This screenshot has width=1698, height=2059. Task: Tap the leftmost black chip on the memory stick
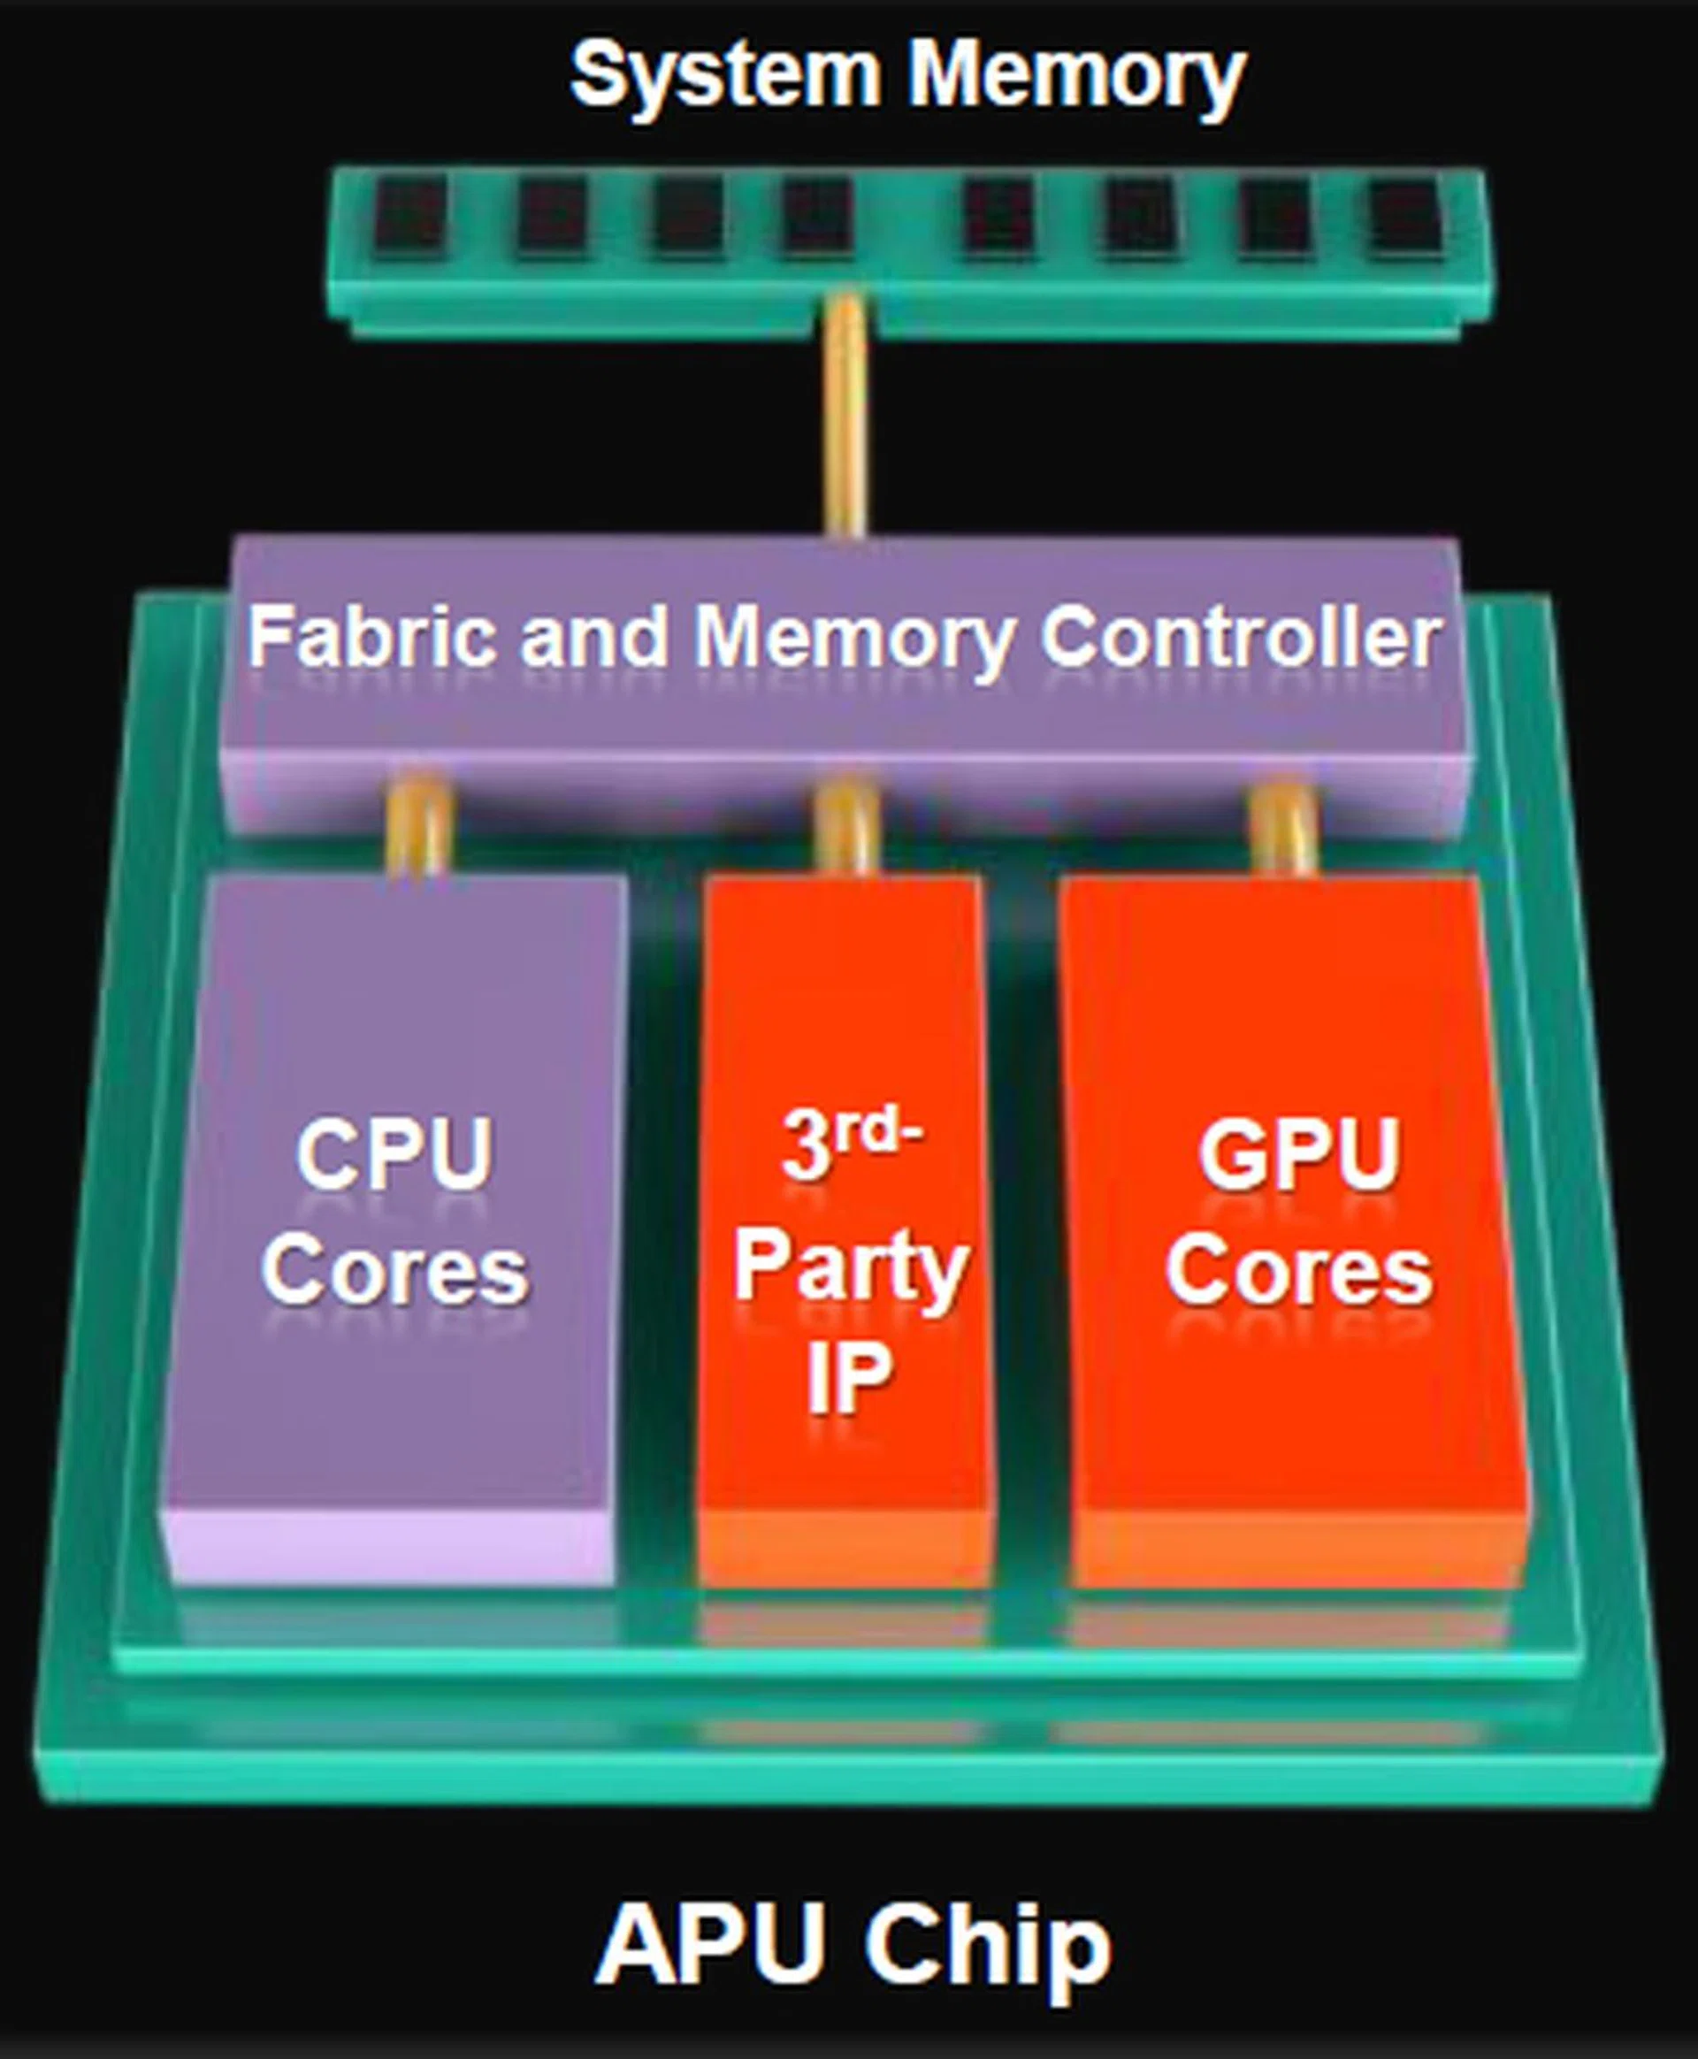point(409,215)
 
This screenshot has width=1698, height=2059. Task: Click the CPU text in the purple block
point(394,1155)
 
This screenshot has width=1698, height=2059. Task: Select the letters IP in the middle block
point(848,1378)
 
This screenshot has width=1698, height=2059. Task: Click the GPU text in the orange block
point(1298,1155)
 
